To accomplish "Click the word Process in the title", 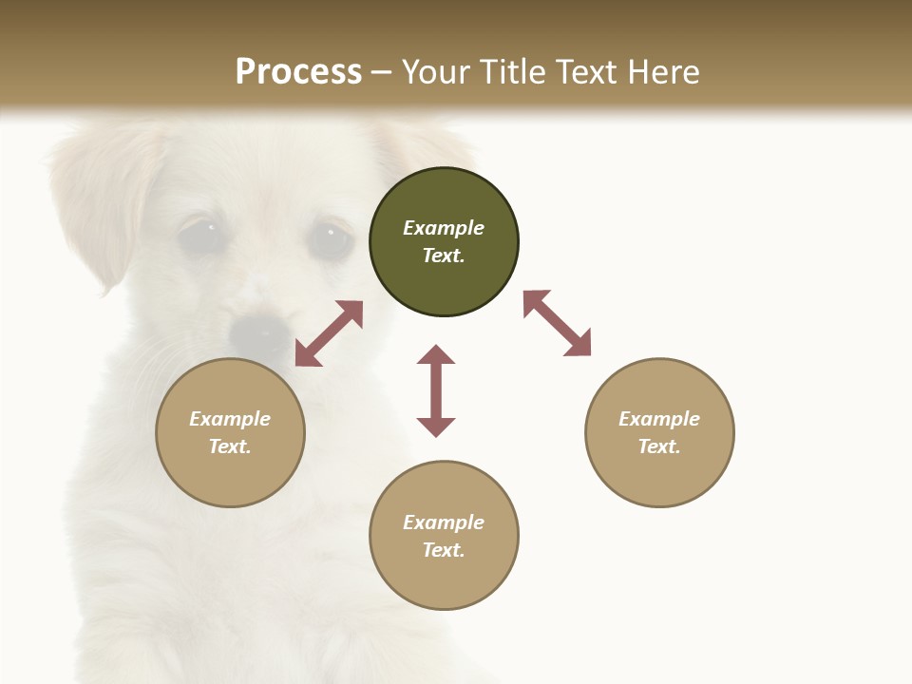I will point(298,72).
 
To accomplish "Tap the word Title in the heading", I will point(513,72).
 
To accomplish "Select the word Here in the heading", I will point(662,72).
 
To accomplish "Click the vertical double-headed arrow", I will point(436,390).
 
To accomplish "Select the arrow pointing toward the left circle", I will point(329,333).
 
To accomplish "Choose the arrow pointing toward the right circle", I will point(557,323).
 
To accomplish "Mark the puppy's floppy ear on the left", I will point(95,204).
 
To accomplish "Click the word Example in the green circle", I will point(444,228).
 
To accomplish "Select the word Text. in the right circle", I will point(659,446).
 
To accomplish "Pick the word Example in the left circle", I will point(230,419).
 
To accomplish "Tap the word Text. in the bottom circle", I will point(444,550).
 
